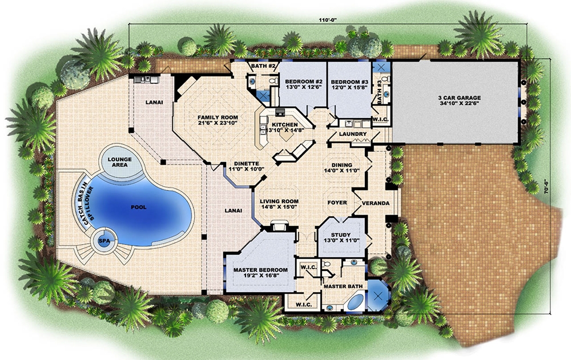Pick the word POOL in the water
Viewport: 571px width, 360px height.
point(138,207)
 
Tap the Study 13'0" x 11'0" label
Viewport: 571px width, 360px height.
point(341,237)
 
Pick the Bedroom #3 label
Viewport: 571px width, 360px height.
point(349,84)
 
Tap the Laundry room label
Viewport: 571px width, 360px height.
point(352,135)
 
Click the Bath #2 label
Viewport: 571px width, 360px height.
point(264,67)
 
